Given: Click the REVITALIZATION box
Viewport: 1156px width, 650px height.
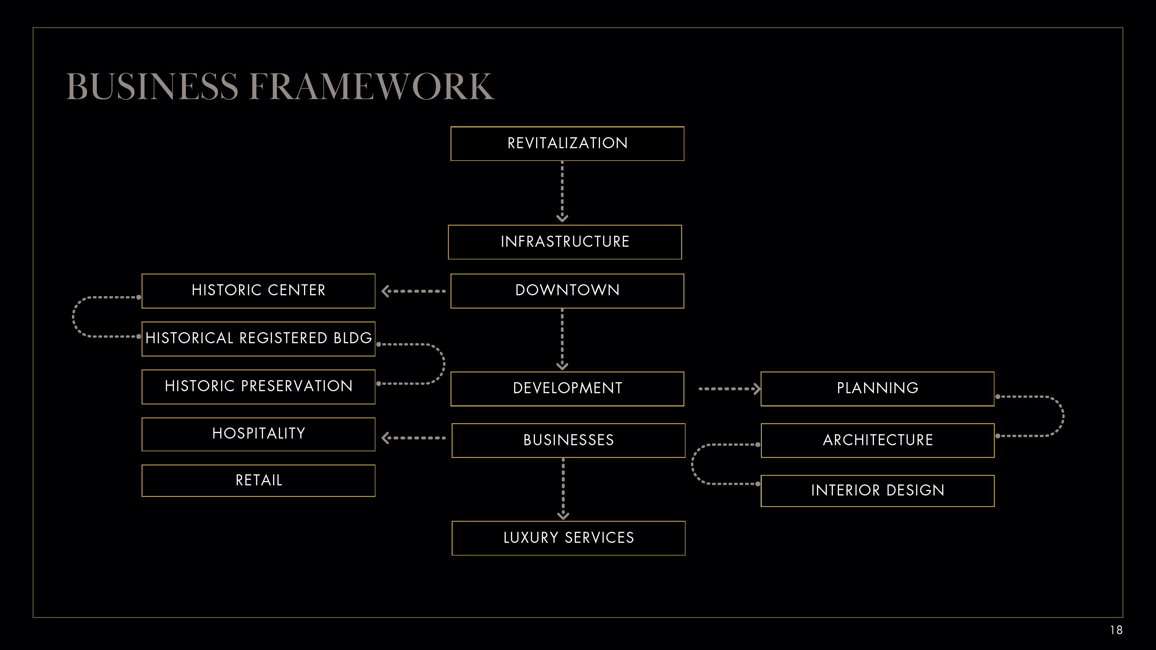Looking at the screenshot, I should [x=567, y=144].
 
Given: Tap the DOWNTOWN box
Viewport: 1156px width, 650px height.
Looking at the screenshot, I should [x=567, y=291].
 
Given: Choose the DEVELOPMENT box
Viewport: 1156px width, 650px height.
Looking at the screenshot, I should [x=567, y=388].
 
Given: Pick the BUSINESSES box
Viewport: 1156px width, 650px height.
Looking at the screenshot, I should [x=568, y=440].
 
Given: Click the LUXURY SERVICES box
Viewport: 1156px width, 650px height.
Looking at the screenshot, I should [x=568, y=538].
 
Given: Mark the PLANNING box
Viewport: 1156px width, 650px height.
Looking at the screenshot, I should [x=877, y=388].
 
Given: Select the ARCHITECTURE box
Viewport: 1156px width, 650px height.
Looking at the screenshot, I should [x=877, y=440].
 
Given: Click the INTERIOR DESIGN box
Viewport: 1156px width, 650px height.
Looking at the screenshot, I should [x=877, y=490].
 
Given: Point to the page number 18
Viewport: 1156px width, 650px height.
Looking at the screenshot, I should [x=1116, y=630].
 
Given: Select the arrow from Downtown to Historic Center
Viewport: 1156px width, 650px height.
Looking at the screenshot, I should [x=413, y=291].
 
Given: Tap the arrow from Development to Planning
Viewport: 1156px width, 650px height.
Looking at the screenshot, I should [x=729, y=388].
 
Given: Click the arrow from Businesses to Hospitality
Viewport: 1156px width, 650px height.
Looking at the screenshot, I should [x=413, y=438].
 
